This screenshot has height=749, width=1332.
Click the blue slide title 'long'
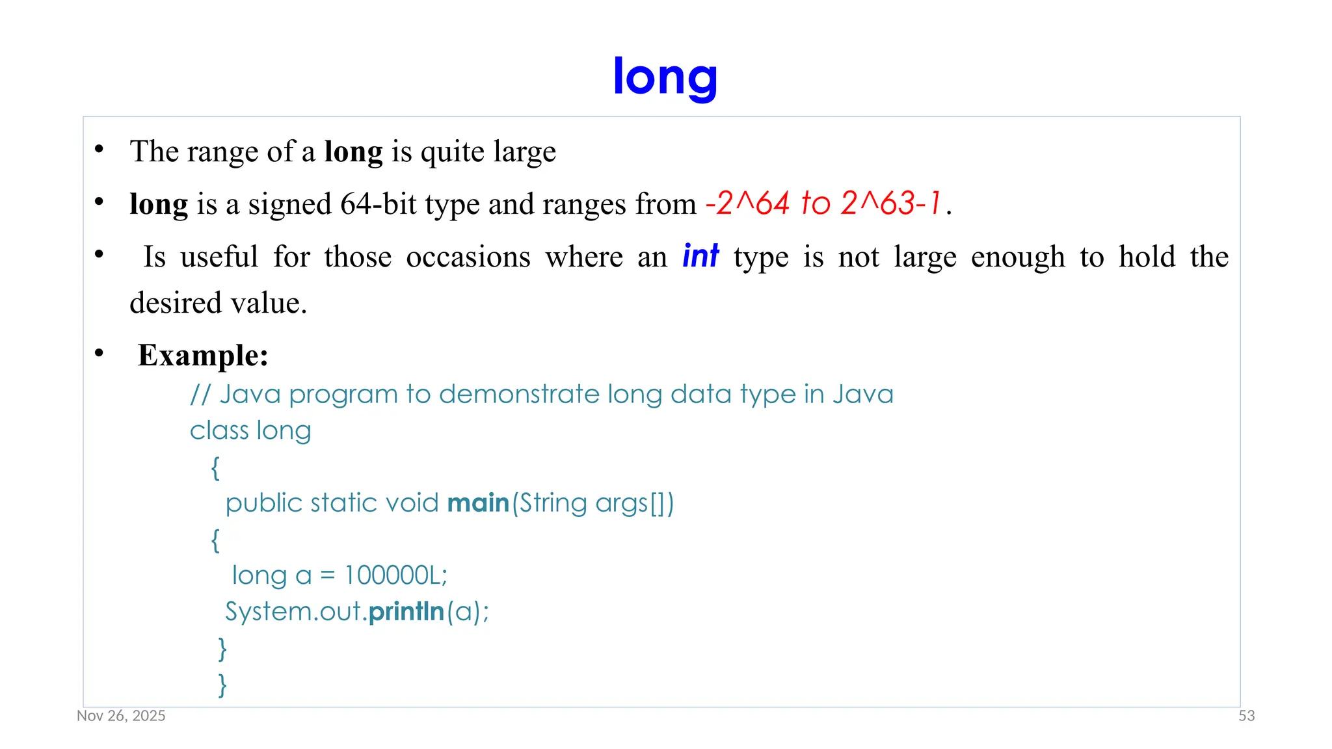coord(665,77)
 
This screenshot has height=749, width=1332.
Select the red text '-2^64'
coord(747,204)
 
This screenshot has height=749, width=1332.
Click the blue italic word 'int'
coord(700,256)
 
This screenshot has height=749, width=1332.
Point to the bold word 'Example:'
coord(203,356)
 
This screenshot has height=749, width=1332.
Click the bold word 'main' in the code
coord(478,503)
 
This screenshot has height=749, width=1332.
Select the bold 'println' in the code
coord(406,612)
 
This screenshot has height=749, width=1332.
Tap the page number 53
coord(1246,716)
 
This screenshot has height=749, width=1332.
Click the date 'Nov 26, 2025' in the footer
coord(121,716)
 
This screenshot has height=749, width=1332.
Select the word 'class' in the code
coord(219,430)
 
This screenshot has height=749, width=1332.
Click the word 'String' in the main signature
coord(553,503)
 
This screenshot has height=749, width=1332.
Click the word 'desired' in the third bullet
coord(167,303)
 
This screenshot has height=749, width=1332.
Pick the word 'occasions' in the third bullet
coord(468,257)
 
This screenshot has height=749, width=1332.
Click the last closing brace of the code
coord(222,685)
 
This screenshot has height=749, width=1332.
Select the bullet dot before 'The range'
coord(99,150)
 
